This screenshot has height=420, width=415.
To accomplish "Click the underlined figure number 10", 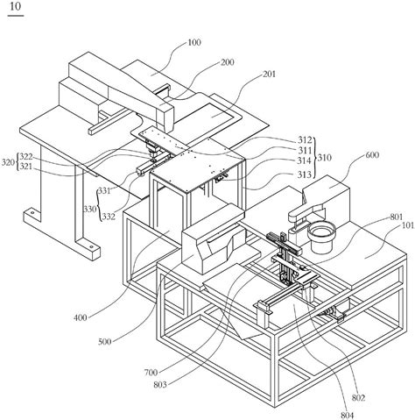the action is [x=15, y=7].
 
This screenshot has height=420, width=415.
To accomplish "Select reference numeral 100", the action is [x=194, y=43].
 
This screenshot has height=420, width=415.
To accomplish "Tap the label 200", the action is [x=228, y=62].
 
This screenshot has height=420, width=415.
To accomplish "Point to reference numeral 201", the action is [x=269, y=75].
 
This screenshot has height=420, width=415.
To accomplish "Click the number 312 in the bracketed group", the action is [x=305, y=139].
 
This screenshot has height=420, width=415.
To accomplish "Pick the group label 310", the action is [x=325, y=158].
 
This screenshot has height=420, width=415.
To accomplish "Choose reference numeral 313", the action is [x=305, y=174].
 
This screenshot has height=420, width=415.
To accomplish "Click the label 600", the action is [x=372, y=155].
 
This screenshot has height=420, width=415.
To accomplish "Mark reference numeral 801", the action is [x=397, y=217].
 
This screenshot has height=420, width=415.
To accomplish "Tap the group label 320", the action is [x=8, y=162].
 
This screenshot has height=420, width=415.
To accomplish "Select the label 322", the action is [x=26, y=157].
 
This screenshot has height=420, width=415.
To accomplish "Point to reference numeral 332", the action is [x=109, y=217].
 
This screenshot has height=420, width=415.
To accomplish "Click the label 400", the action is [x=81, y=317].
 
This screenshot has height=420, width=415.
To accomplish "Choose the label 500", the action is [x=104, y=341].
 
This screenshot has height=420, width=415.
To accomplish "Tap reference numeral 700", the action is [x=151, y=373].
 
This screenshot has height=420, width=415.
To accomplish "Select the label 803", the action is [x=160, y=385].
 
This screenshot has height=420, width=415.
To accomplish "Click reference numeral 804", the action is [x=347, y=416].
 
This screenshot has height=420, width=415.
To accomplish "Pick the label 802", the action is [x=358, y=398].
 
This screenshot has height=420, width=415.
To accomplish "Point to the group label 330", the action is [x=90, y=210].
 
